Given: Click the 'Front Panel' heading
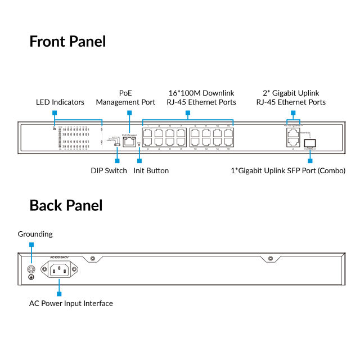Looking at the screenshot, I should click(x=67, y=42).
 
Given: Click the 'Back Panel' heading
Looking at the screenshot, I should click(x=66, y=205).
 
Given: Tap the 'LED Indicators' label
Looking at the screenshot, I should click(x=60, y=102).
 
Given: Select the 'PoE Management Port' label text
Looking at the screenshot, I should click(x=125, y=97).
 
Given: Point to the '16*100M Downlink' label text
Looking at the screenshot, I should click(x=201, y=93).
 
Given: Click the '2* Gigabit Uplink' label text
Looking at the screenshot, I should click(x=291, y=93).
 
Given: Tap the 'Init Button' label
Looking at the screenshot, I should click(x=151, y=170).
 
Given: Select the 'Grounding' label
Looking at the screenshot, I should click(x=35, y=234).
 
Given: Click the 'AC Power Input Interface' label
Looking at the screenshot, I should click(x=71, y=303).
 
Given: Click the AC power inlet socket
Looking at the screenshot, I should click(x=60, y=271).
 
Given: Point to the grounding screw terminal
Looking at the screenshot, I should click(x=31, y=269).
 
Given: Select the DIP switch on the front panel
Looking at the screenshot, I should click(x=116, y=145).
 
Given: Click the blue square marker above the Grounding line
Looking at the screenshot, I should click(x=31, y=245).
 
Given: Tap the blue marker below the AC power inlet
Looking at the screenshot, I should click(x=59, y=293).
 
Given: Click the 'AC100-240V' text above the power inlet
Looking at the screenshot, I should click(x=59, y=258).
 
